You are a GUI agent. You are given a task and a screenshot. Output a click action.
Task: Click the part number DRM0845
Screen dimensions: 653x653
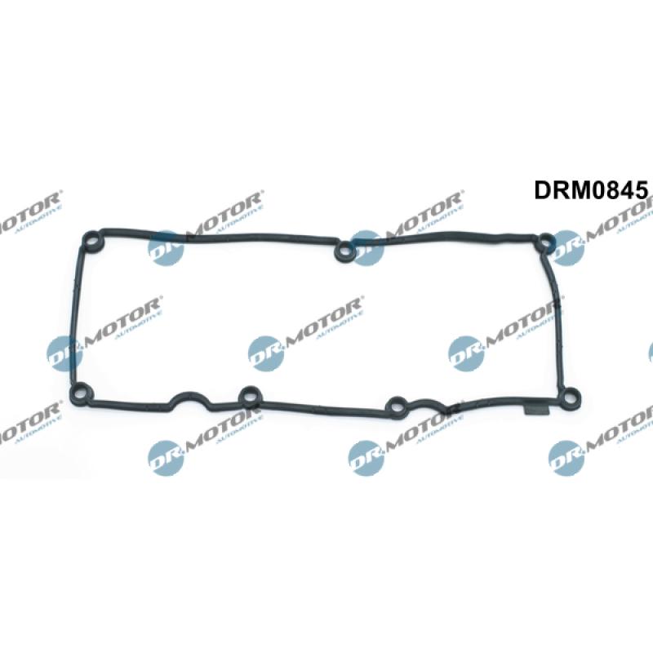pyautogui.click(x=591, y=190)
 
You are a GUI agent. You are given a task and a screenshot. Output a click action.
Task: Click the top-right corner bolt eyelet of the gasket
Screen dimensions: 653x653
pyautogui.click(x=544, y=241)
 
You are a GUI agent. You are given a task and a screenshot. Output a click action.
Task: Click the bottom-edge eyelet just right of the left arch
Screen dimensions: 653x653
pyautogui.click(x=247, y=398)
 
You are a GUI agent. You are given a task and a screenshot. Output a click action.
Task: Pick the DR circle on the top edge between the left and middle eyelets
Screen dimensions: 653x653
pyautogui.click(x=166, y=247)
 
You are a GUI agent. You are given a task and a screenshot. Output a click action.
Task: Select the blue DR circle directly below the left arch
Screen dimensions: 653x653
pyautogui.click(x=166, y=456)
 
